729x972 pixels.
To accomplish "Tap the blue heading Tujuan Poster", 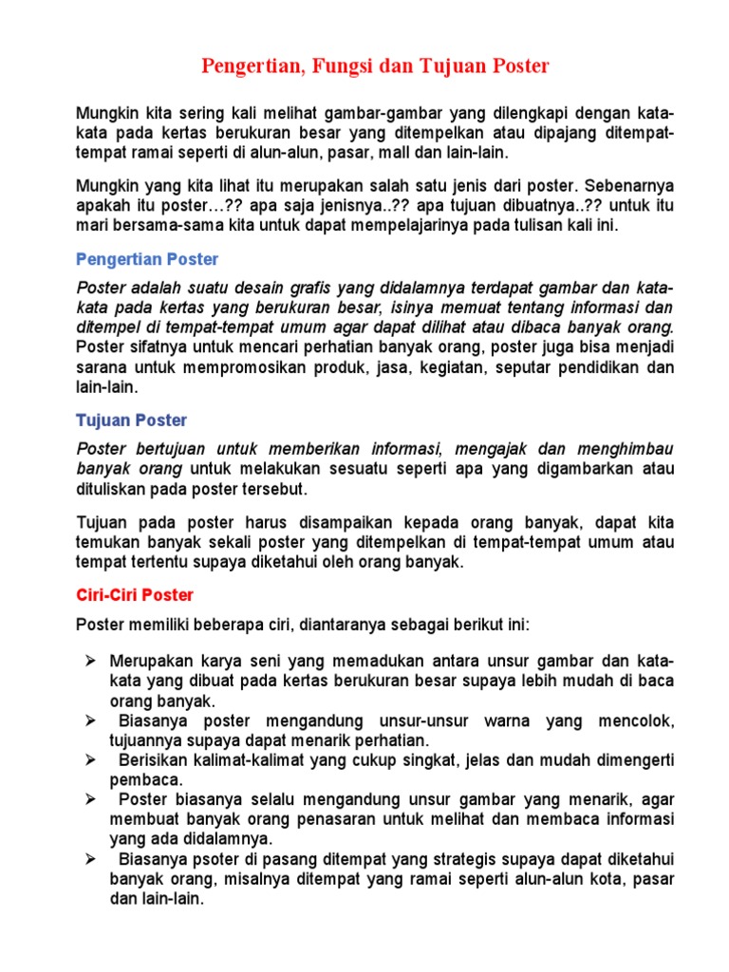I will click(131, 420).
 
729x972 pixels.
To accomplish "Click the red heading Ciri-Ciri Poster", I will click(134, 595).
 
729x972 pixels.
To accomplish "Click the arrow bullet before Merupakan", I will click(91, 660).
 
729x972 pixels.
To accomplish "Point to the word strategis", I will click(474, 859).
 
